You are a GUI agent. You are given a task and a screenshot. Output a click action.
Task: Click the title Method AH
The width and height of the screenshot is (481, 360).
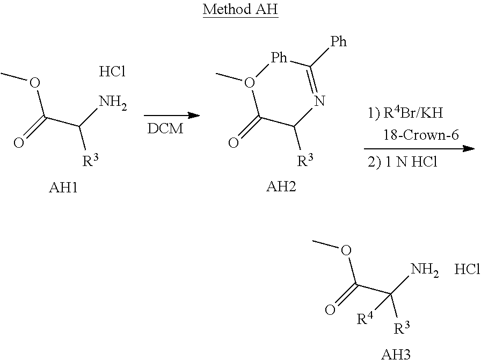[240, 11]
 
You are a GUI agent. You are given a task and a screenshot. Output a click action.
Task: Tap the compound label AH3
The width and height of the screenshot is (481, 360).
[396, 353]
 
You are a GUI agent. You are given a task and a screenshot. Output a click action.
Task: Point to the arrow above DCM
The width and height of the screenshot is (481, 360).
[171, 116]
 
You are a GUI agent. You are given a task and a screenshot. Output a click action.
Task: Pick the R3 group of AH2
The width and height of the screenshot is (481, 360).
[305, 160]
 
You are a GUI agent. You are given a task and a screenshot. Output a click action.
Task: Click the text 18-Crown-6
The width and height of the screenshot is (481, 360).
[421, 135]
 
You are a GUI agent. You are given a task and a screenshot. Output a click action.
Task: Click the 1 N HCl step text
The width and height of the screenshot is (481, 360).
[402, 162]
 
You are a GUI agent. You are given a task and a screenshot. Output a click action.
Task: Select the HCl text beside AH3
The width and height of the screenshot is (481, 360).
[467, 269]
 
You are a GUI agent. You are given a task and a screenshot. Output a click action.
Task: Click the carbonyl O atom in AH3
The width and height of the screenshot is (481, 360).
[330, 310]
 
